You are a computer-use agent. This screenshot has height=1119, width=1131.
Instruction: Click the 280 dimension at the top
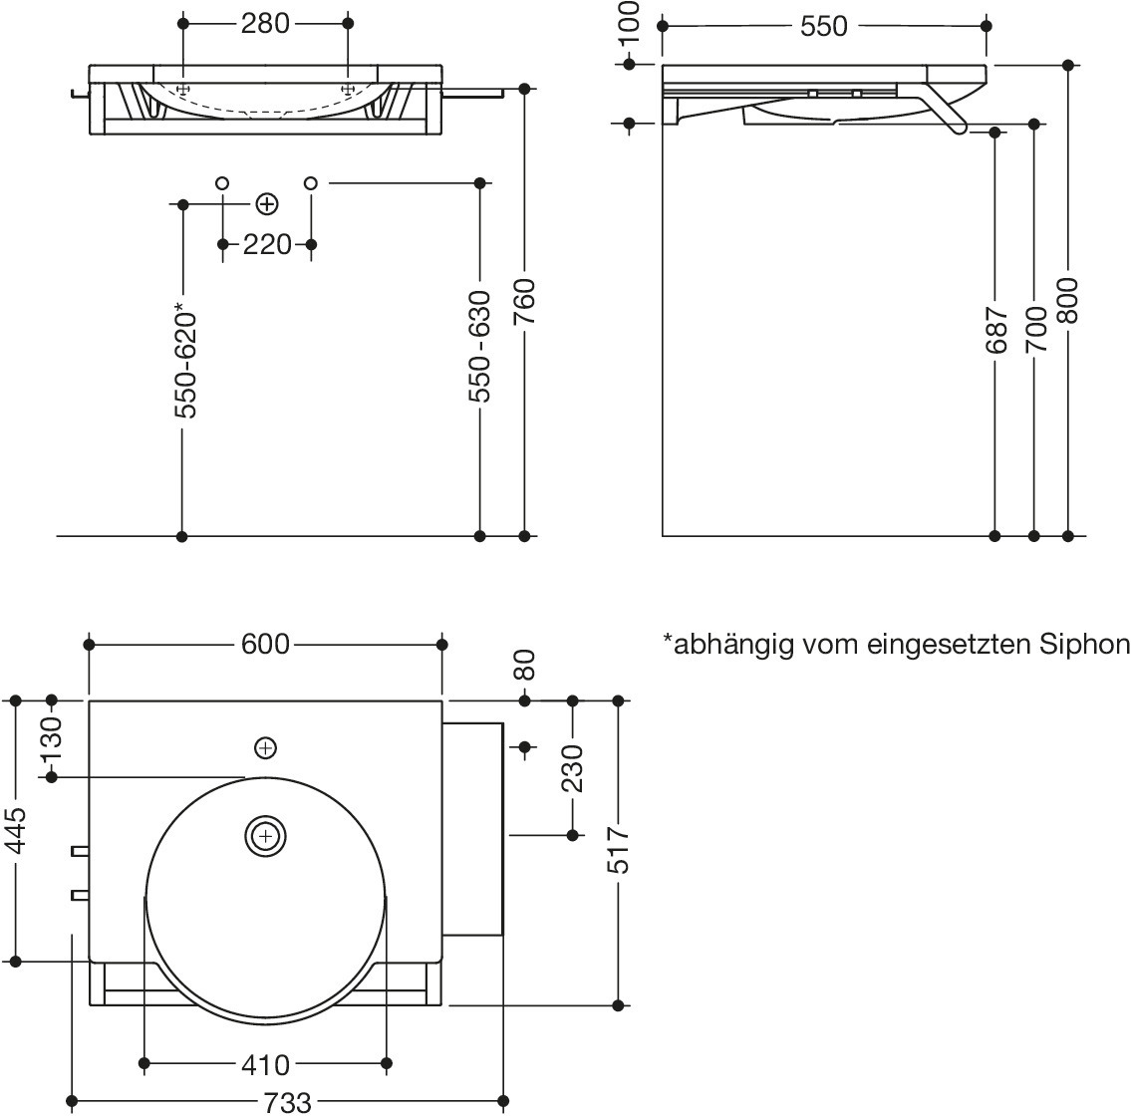[x=265, y=23]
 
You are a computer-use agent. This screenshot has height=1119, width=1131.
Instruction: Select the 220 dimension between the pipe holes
[x=266, y=244]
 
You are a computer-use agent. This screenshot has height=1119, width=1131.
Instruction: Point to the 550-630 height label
[x=480, y=347]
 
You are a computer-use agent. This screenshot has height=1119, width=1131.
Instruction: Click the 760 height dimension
[x=524, y=302]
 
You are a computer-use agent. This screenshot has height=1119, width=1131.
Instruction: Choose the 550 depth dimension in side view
[x=824, y=27]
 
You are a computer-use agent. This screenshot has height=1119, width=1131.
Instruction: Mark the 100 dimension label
[x=629, y=24]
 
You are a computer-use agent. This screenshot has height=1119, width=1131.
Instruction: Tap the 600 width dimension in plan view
[x=266, y=645]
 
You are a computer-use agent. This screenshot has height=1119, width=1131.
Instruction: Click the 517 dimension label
[x=619, y=850]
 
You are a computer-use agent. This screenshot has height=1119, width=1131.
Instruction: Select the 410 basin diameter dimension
[x=266, y=1065]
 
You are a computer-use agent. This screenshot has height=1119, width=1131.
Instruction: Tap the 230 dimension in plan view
[x=572, y=768]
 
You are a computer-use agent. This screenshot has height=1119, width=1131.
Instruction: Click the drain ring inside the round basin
[x=265, y=836]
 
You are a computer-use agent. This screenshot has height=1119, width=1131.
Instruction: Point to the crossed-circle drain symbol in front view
[x=266, y=204]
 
